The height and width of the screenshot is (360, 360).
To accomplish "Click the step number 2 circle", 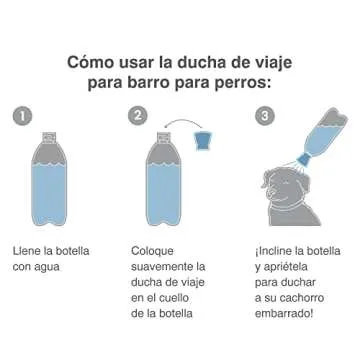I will (x=138, y=115).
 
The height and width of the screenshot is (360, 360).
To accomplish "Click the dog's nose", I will (x=278, y=182).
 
